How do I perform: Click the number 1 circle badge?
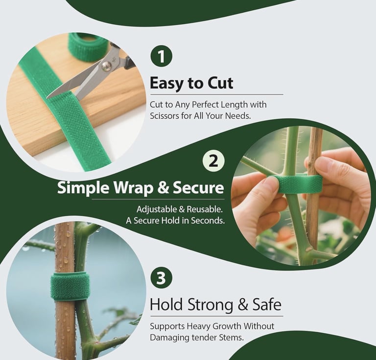point(161,56)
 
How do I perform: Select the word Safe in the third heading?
point(266,305)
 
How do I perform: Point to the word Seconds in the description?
point(205,221)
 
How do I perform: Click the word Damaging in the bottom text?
point(169,337)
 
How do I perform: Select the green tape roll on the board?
point(88,47)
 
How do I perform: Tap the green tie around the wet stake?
point(70,287)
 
